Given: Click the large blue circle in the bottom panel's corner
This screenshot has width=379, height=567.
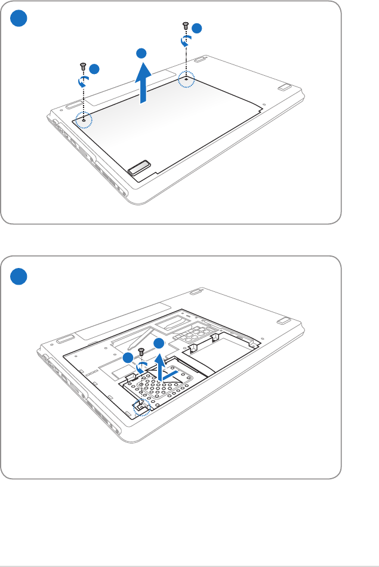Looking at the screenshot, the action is coord(20,276).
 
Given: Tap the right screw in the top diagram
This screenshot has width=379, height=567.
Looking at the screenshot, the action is coord(185,26).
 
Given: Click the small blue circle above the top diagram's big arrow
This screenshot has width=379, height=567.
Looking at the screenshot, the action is coord(141,54).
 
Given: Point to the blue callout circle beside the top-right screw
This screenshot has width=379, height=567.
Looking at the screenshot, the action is coord(198,29).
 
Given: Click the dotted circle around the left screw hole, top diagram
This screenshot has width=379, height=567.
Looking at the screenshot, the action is coord(84,119).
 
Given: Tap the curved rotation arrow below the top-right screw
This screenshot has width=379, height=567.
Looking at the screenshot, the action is coord(186,41).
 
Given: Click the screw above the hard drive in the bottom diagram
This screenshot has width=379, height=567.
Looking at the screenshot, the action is coord(141,352).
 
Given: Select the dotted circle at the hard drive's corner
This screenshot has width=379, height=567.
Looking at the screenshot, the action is coord(142,408).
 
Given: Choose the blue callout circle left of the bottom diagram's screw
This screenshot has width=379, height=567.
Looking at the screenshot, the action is coord(128,357).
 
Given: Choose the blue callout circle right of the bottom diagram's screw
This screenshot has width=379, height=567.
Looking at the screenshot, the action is coord(158,343).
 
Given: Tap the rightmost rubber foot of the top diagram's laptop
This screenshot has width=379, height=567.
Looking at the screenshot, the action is coord(284,86).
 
